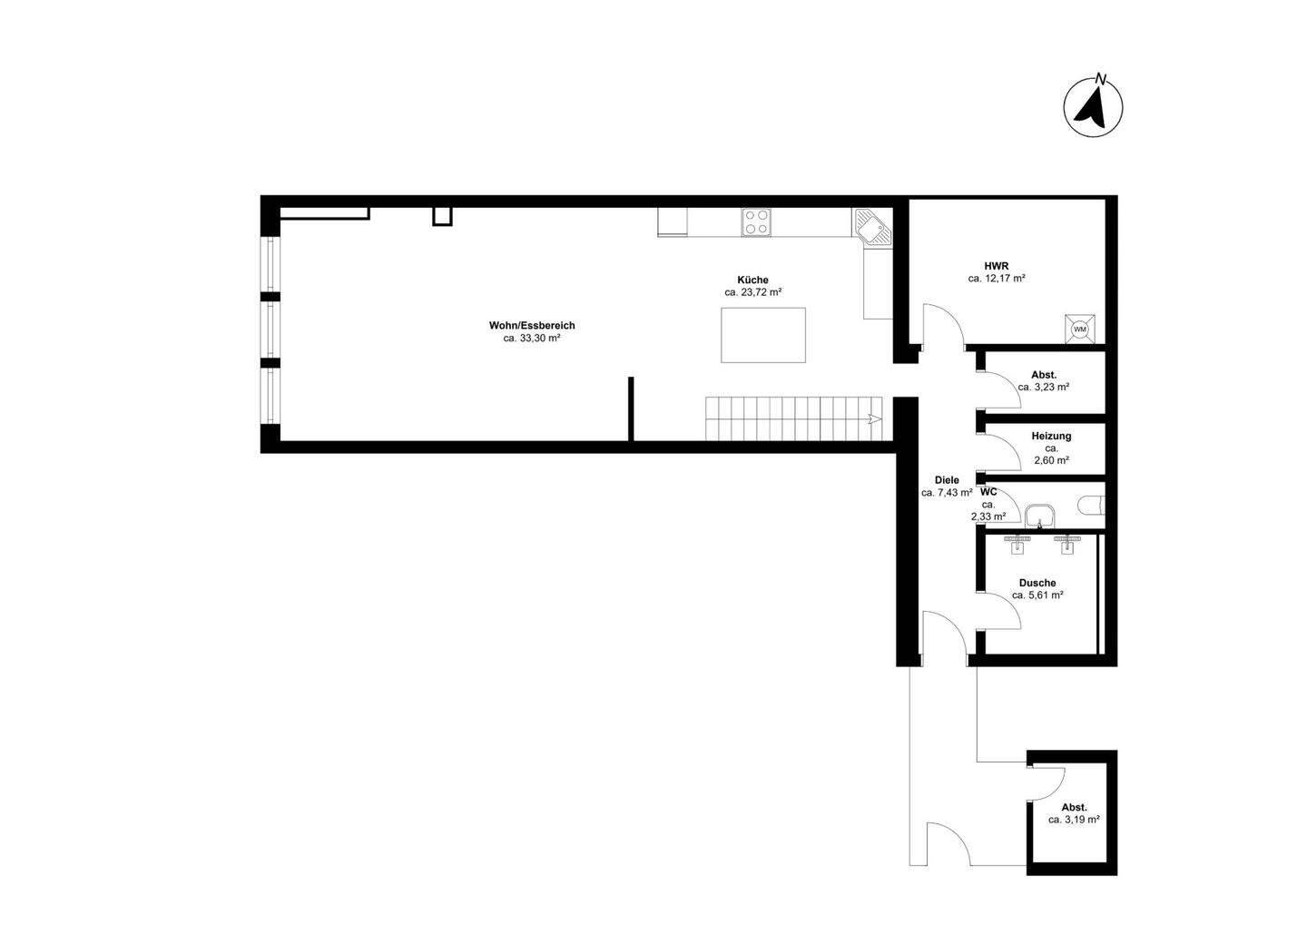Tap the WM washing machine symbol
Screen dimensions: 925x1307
(x=1080, y=329)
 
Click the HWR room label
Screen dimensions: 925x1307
(x=997, y=266)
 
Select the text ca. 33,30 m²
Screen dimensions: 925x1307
(x=532, y=338)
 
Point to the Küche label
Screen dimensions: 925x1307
(x=753, y=280)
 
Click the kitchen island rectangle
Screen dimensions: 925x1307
(x=763, y=335)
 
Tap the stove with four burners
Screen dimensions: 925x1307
(x=756, y=222)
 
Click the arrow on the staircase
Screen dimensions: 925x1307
(x=872, y=419)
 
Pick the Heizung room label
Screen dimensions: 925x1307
(x=1051, y=436)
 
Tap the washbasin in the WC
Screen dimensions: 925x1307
(x=1038, y=517)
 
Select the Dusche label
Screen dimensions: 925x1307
(x=1037, y=583)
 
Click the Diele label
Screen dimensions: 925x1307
(x=947, y=480)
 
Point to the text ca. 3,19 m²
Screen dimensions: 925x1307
(x=1074, y=819)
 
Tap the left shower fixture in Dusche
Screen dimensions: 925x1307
(x=1018, y=543)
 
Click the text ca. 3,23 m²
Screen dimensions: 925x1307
(x=1043, y=387)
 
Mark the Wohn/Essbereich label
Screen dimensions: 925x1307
(x=532, y=325)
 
